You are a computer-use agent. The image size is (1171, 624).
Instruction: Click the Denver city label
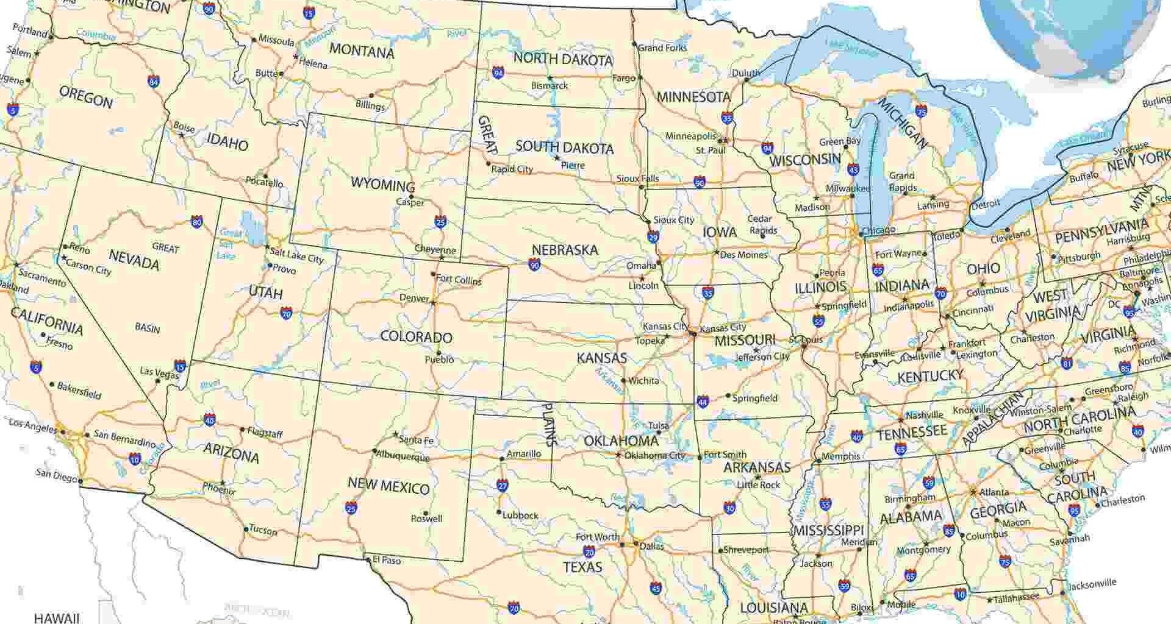[x=414, y=298]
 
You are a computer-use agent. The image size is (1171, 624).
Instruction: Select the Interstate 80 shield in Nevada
[x=196, y=222]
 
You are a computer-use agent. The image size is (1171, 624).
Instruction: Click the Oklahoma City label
[x=654, y=455]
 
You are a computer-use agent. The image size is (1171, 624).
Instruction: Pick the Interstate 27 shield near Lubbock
[x=503, y=485]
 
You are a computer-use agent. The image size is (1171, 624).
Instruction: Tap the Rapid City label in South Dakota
[x=512, y=169]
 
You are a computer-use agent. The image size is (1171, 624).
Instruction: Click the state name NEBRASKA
[x=565, y=250]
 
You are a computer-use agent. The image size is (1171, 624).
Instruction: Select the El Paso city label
[x=387, y=559]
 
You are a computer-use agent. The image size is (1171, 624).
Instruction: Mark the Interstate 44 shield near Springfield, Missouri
[x=703, y=402]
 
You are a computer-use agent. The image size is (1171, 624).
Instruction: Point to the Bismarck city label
[x=549, y=86]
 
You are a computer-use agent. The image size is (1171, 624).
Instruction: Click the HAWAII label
[x=56, y=618]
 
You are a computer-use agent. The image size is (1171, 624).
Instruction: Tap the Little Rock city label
[x=758, y=484]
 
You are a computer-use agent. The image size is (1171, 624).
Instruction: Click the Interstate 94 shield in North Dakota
[x=498, y=73]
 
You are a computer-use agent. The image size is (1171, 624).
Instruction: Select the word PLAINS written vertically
[x=549, y=425]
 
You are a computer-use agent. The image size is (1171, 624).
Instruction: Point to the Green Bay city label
[x=839, y=141]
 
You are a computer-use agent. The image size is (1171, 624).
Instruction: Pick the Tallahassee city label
[x=1016, y=598]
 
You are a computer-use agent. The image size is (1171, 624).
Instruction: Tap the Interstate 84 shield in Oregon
[x=154, y=81]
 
